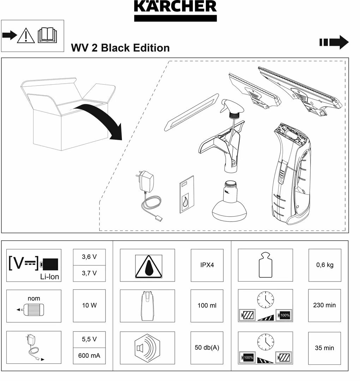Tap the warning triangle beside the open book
pyautogui.click(x=25, y=36)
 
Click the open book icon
pyautogui.click(x=47, y=35)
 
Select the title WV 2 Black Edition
pyautogui.click(x=120, y=48)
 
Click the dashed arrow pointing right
pyautogui.click(x=334, y=42)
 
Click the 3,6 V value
pyautogui.click(x=89, y=257)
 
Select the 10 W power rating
pyautogui.click(x=89, y=306)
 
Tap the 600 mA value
pyautogui.click(x=89, y=356)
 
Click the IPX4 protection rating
pyautogui.click(x=207, y=265)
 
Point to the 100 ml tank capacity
pyautogui.click(x=207, y=306)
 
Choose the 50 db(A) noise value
pyautogui.click(x=207, y=347)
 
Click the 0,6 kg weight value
pyautogui.click(x=325, y=265)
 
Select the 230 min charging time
pyautogui.click(x=324, y=306)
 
